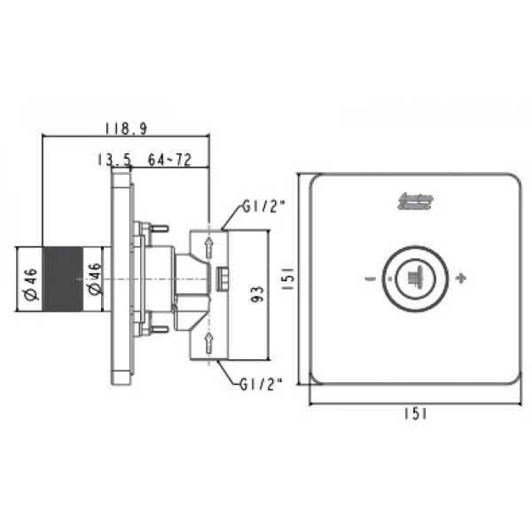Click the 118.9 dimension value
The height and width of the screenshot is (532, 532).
(125, 129)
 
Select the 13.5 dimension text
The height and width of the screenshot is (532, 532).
(114, 160)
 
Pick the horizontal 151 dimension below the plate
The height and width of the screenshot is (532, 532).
(413, 413)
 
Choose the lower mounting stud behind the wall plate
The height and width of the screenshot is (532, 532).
(156, 331)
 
